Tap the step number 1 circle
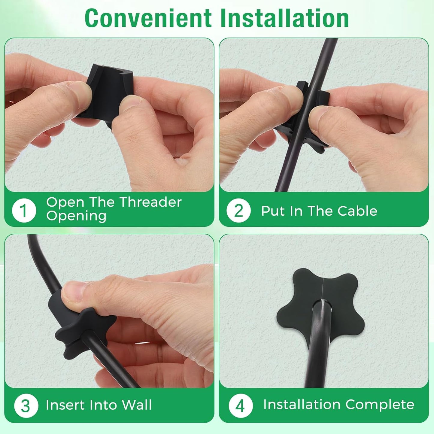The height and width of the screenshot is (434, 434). (24, 210)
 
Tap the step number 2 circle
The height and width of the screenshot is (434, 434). (238, 211)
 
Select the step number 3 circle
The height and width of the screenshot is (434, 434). (26, 406)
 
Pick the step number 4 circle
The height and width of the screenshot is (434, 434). (240, 406)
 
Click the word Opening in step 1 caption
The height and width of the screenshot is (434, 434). (76, 216)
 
